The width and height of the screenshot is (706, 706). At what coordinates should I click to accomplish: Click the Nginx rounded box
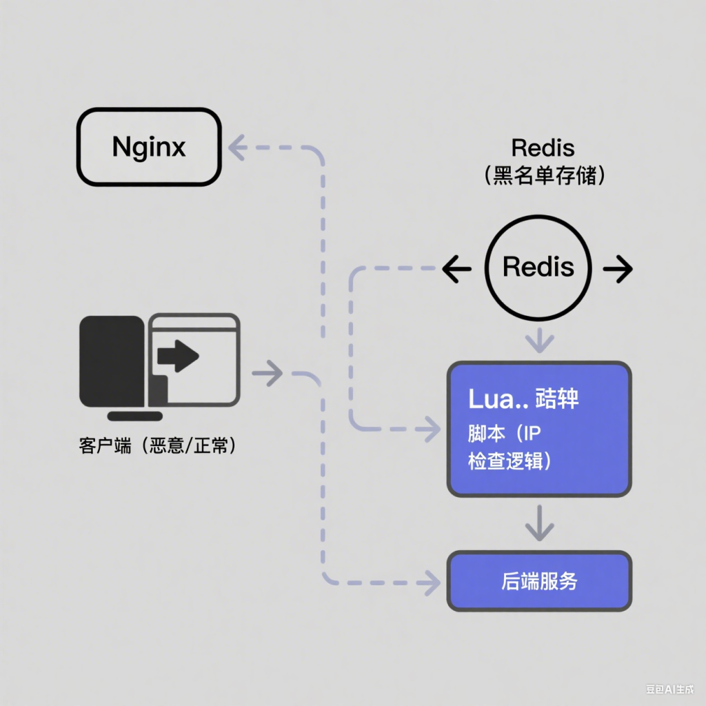point(149,147)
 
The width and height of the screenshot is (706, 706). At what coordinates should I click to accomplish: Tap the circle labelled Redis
point(538,267)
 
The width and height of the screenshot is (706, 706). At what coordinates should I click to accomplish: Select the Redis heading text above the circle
point(543,147)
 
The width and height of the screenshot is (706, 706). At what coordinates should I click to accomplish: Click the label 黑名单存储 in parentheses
point(544,175)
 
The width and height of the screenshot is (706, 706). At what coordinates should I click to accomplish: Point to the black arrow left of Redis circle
point(456,270)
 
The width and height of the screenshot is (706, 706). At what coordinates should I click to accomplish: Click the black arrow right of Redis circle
point(618,270)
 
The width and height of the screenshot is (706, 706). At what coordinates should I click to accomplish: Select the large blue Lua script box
point(539,429)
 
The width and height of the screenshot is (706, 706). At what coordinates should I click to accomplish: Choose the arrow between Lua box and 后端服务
point(539,525)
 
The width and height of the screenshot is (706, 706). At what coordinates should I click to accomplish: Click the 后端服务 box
point(539,581)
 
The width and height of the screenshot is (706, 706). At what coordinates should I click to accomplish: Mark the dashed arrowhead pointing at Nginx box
point(238,148)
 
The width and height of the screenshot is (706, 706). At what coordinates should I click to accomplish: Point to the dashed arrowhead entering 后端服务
point(432,582)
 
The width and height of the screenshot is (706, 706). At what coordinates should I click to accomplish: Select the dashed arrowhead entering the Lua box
point(432,430)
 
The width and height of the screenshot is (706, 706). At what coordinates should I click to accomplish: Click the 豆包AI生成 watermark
point(669,688)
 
